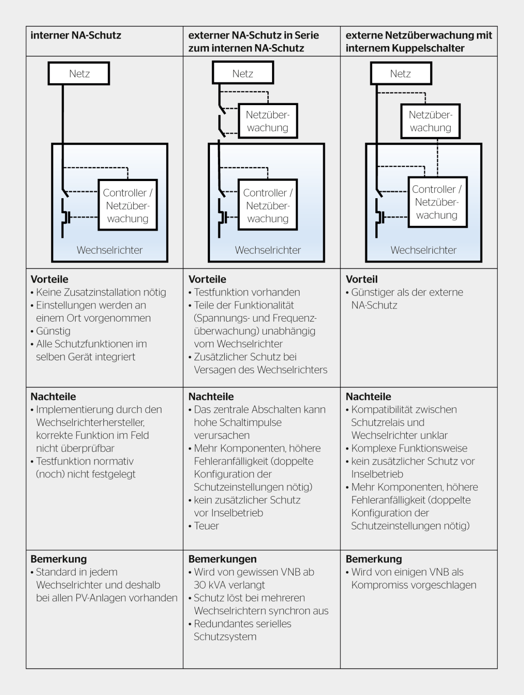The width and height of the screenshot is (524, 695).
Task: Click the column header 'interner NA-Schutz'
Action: (76, 36)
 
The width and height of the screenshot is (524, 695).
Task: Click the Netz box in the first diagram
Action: (79, 73)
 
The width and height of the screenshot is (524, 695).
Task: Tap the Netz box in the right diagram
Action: (401, 73)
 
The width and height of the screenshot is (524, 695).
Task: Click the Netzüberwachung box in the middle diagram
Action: (268, 121)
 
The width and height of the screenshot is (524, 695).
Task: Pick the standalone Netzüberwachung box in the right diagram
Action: (430, 121)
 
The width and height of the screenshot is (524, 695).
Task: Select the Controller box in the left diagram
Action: (128, 205)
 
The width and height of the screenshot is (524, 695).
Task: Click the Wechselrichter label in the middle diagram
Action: (268, 250)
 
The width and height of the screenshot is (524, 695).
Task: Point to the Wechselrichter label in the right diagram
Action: (424, 250)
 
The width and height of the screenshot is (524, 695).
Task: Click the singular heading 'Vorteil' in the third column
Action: (362, 279)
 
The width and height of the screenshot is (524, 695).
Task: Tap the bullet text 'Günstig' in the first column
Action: (53, 331)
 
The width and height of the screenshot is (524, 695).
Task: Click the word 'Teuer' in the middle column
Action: (206, 526)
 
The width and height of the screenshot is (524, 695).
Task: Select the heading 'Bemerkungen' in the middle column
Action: (222, 559)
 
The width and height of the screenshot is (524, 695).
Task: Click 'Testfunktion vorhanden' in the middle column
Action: (247, 292)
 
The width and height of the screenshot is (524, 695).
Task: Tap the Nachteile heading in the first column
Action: (53, 397)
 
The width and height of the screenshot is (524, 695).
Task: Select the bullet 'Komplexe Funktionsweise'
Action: (409, 448)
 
